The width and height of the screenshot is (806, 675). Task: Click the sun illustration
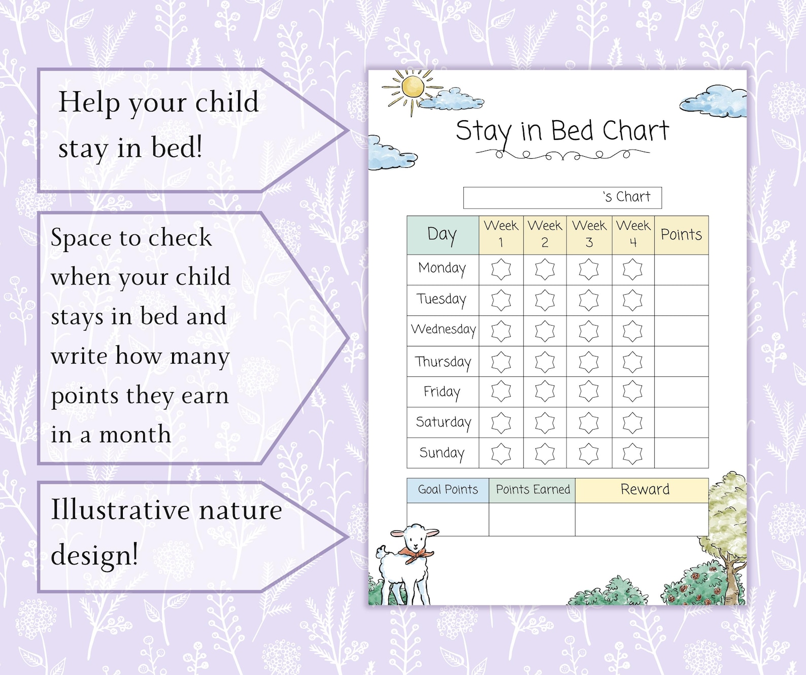point(412,87)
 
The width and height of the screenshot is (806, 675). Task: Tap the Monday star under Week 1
point(501,269)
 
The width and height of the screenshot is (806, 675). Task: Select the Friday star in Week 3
point(589,392)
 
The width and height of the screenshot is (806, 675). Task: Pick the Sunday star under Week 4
point(632,453)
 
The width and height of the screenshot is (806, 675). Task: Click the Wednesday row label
point(443,330)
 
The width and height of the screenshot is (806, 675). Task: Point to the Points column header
point(681,235)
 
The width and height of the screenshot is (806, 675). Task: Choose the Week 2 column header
point(545,234)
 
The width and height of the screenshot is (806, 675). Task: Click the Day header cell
point(442,235)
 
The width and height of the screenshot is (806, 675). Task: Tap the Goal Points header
point(448,490)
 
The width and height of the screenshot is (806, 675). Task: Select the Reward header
point(645,490)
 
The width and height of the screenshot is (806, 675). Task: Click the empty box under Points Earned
point(532,519)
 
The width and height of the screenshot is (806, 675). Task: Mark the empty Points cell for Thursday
point(681,362)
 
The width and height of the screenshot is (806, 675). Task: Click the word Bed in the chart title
point(572,131)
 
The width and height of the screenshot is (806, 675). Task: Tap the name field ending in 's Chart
point(562,198)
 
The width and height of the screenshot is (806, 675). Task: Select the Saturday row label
point(443,422)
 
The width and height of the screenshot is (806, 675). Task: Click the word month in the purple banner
point(135,435)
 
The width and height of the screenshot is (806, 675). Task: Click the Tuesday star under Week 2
point(545,300)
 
